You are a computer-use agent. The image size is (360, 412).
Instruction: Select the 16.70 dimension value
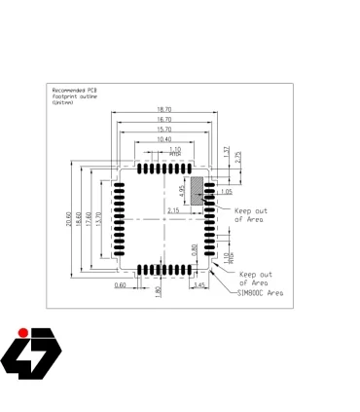tap(163, 120)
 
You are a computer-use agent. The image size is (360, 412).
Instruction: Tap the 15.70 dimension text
tap(163, 130)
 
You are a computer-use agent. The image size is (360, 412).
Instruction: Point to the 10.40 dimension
tap(163, 139)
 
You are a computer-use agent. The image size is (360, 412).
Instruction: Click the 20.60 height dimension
tap(68, 221)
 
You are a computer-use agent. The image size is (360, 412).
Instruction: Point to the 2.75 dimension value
tap(237, 157)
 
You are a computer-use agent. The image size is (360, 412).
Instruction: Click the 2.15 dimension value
tap(174, 210)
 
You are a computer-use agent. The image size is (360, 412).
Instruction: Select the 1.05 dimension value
tap(227, 192)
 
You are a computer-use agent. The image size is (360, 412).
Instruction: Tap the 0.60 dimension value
tap(120, 284)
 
